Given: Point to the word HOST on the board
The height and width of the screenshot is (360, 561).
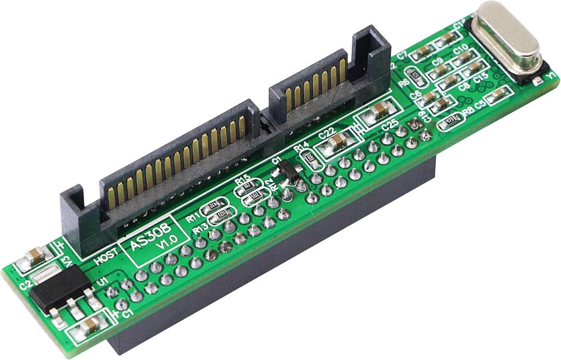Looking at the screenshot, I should coord(106,257).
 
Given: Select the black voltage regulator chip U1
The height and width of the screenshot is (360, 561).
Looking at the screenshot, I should coord(59,289).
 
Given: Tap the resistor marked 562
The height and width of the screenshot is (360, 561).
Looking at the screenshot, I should coord(256,195).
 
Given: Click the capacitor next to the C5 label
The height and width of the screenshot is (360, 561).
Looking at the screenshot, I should coord(500,94).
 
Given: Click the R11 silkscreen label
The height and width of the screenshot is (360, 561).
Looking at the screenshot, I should coord(193,218).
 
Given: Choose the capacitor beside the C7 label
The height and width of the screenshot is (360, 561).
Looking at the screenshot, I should coord(424,50).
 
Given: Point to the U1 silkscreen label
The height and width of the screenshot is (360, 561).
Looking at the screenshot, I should coord(102,282).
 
